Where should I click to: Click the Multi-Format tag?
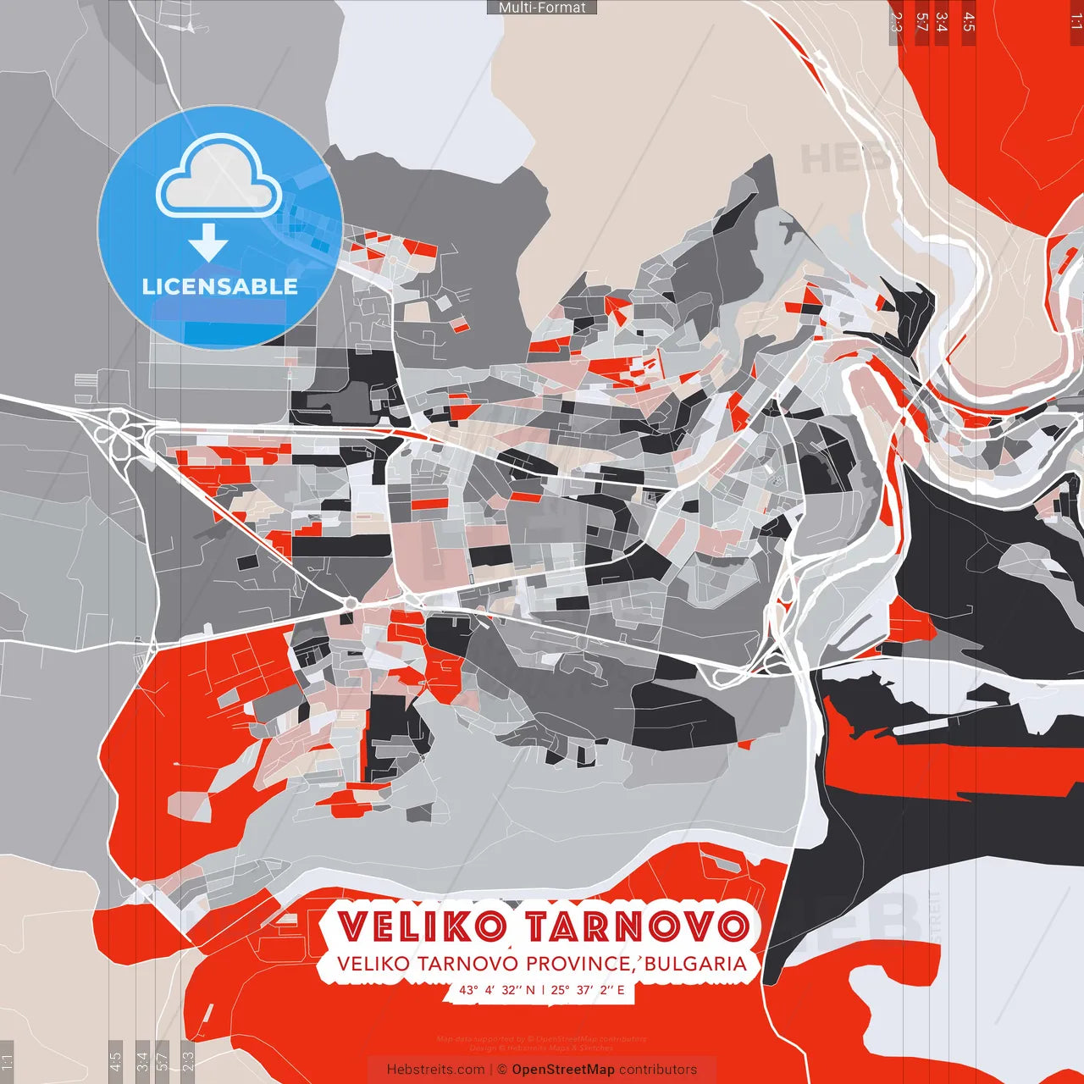click(542, 8)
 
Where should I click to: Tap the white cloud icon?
click(219, 178)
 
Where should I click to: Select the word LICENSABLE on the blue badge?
click(220, 286)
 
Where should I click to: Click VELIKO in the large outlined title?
click(421, 926)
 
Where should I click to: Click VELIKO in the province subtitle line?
click(369, 965)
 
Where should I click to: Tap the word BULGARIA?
click(697, 965)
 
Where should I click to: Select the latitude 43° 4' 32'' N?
click(497, 990)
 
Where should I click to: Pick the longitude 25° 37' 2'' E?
click(588, 990)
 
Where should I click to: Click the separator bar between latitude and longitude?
click(543, 990)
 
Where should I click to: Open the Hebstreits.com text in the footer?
click(435, 1070)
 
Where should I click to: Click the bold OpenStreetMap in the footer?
click(563, 1070)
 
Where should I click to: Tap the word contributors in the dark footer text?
click(658, 1070)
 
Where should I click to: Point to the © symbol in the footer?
click(502, 1070)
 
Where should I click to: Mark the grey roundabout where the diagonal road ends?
click(350, 603)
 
